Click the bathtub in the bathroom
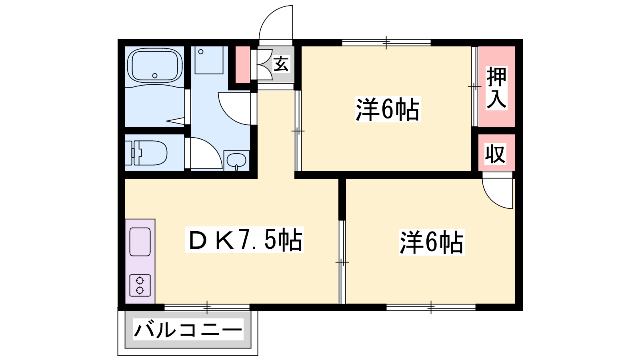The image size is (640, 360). click(154, 66)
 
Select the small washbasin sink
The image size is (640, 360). click(236, 161)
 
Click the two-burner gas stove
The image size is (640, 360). click(140, 286)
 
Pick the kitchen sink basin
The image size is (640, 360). click(140, 242)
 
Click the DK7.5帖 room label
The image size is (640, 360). click(244, 240)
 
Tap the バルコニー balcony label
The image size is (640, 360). click(188, 330)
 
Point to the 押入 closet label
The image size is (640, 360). click(497, 88)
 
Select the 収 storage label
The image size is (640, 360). click(496, 154)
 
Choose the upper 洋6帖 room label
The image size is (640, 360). click(388, 110)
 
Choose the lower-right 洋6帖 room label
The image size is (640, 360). click(432, 242)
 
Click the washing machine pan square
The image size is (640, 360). click(209, 60)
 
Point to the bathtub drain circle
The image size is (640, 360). click(155, 76)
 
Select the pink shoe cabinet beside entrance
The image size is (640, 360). click(242, 64)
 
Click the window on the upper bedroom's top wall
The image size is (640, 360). click(386, 42)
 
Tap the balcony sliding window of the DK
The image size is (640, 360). click(207, 308)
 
